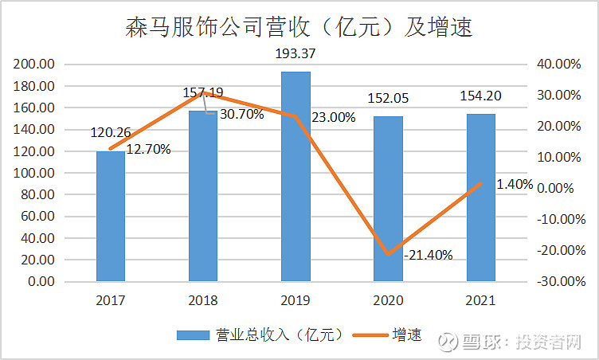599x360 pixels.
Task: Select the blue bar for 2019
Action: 296,176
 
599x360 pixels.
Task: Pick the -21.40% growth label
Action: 428,255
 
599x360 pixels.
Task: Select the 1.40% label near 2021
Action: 514,184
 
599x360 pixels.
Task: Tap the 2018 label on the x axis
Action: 202,301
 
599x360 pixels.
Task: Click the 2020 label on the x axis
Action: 388,301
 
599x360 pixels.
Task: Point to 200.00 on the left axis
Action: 35,65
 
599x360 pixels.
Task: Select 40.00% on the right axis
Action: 562,65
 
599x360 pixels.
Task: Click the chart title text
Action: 299,28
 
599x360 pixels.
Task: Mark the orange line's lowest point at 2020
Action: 389,254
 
